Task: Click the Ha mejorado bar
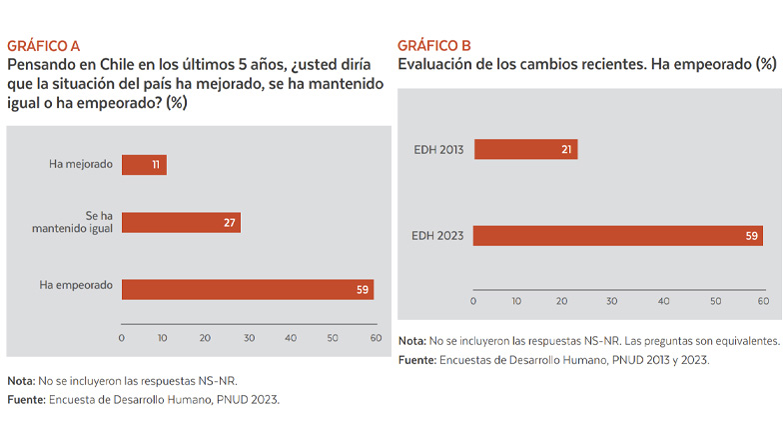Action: coord(144,164)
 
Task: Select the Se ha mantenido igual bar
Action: coord(181,222)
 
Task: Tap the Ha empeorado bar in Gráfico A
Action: coord(247,289)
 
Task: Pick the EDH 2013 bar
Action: coord(525,150)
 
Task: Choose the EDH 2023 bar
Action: coord(617,236)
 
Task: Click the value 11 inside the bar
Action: coord(157,164)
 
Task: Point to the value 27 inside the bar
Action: coord(230,222)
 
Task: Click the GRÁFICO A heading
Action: coord(43,46)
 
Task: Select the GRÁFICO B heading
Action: coord(433,46)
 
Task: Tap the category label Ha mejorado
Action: coord(81,164)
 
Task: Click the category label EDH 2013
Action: coord(438,150)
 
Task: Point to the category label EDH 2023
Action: coord(438,236)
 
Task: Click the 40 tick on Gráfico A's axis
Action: coord(291,339)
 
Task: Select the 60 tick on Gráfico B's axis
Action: coord(762,300)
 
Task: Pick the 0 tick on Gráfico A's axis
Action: coord(122,339)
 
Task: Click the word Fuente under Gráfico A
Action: coord(26,400)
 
